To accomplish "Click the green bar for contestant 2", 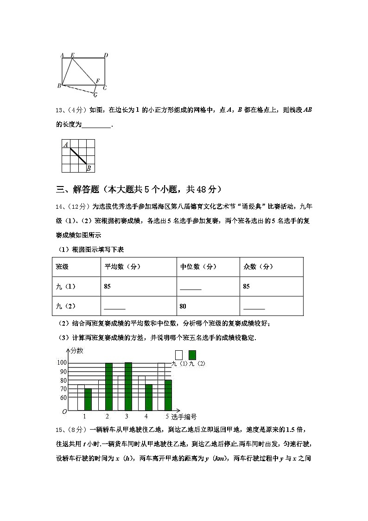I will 109,386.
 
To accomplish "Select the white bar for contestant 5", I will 161,386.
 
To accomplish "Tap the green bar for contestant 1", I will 88,399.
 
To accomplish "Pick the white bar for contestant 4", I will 141,393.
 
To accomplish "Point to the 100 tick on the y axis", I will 62,363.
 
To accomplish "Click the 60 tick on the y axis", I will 63,398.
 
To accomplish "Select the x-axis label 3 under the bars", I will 126,416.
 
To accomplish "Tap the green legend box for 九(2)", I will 192,355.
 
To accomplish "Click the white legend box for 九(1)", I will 179,355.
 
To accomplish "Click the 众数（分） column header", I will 258,267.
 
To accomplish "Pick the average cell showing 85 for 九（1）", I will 108,286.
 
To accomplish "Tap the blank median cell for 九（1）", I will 190,287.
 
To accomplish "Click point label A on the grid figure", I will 66,145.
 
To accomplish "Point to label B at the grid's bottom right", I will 89,168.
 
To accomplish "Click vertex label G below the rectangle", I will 95,95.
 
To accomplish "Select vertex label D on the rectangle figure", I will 106,56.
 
